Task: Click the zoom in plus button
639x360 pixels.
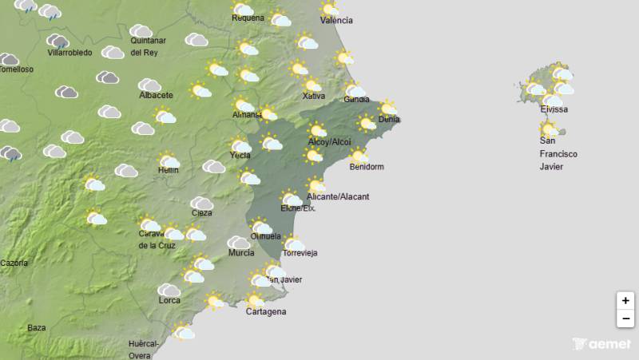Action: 625,301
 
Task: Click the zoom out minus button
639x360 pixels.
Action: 625,319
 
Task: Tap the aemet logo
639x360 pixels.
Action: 601,344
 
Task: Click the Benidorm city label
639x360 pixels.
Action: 367,167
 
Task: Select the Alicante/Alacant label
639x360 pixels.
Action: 338,196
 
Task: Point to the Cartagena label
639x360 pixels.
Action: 266,311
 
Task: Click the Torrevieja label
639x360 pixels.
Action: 300,253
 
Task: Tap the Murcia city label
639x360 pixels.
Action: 241,253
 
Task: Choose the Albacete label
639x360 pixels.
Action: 156,95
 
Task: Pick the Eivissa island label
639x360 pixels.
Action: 554,109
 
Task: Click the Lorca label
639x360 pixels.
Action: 169,300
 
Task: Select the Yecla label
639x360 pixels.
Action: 240,155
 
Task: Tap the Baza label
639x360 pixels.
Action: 37,327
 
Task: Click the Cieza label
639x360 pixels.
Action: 202,213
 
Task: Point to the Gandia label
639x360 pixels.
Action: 356,100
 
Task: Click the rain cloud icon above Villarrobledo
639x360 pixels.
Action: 58,41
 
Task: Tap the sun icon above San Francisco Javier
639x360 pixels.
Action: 549,129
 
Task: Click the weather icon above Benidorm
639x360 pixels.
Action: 358,156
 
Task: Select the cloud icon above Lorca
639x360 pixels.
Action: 169,289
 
